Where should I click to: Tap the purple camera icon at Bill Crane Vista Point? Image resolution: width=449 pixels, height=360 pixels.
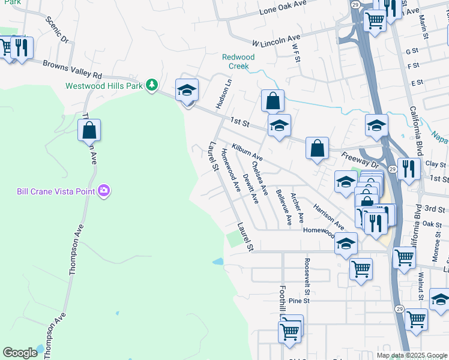point(105,191)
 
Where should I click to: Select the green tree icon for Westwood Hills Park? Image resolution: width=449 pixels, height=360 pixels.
point(153,85)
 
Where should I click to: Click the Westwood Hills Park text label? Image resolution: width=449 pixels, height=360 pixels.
point(104,86)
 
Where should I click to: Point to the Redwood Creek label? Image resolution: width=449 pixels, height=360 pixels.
point(238,61)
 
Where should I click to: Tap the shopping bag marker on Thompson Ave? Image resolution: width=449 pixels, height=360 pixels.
point(89,130)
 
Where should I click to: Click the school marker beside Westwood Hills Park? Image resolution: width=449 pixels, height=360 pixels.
point(187,91)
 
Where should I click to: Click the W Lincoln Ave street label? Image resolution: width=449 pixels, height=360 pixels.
point(276,41)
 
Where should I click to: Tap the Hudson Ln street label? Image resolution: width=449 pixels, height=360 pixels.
point(223,92)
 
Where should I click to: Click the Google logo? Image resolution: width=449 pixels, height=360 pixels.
point(20,352)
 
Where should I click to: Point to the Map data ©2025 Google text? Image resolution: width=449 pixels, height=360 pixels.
point(412,355)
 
